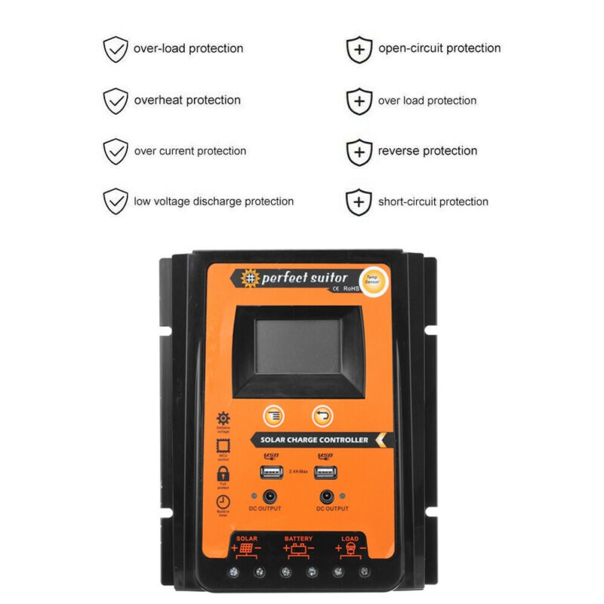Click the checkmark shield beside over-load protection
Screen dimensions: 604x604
click(116, 49)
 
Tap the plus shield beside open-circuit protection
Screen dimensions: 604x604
click(359, 49)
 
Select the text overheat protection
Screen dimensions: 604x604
click(187, 100)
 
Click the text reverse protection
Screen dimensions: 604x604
click(427, 151)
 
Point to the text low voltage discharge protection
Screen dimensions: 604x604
click(214, 202)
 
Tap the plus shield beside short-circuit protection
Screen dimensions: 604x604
click(359, 202)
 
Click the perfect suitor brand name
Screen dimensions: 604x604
click(304, 278)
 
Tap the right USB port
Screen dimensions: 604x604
click(326, 473)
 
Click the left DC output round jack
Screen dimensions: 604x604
click(269, 497)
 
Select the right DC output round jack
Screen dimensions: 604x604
click(328, 497)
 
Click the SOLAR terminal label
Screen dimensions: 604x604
click(247, 539)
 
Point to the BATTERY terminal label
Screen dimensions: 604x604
click(298, 539)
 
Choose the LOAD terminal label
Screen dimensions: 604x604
click(350, 539)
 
